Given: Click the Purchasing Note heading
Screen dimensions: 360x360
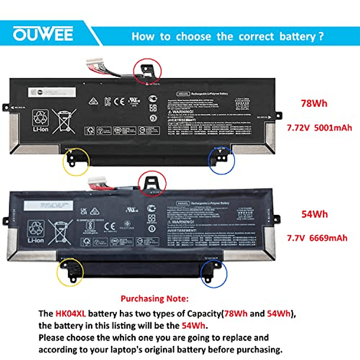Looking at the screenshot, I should pos(155,299).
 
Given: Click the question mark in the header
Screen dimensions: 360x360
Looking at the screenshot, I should pos(322,37).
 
